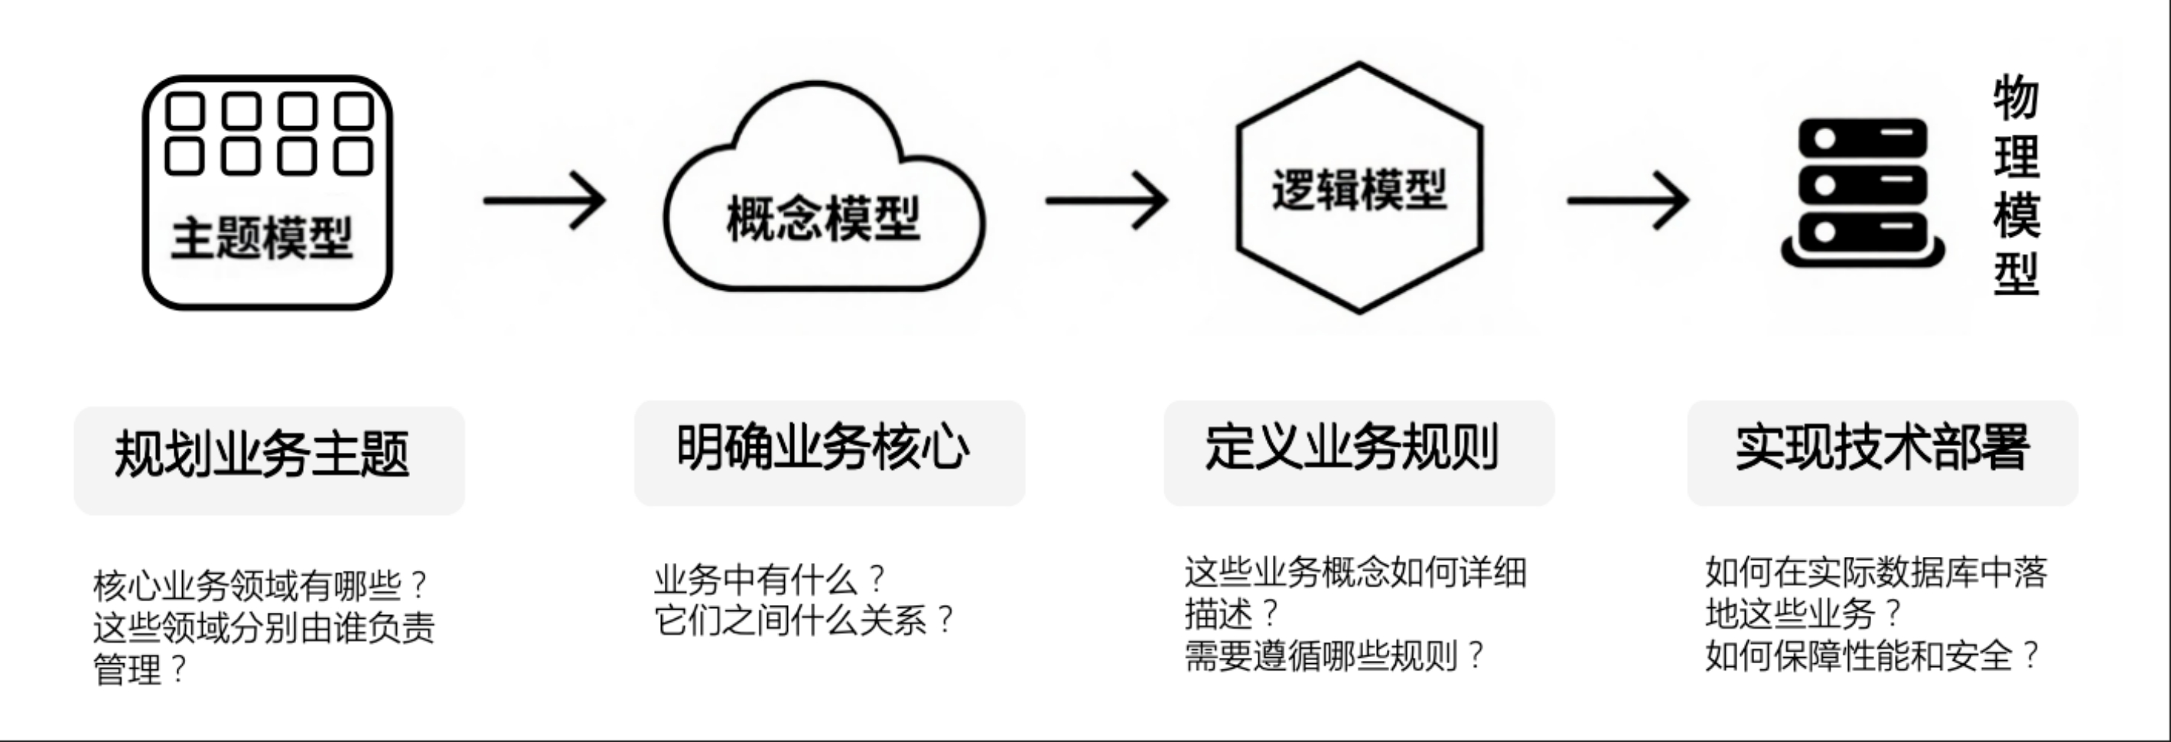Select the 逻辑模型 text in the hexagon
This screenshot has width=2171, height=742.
pyautogui.click(x=1358, y=189)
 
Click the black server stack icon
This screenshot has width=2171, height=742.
pyautogui.click(x=1863, y=193)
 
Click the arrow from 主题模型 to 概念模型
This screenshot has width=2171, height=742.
pyautogui.click(x=545, y=200)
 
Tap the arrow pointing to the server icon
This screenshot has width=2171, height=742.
pyautogui.click(x=1627, y=200)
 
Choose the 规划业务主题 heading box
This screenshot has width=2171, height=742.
pyautogui.click(x=269, y=460)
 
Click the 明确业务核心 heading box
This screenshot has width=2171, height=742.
pyautogui.click(x=829, y=453)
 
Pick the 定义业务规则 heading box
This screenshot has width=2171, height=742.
pyautogui.click(x=1359, y=453)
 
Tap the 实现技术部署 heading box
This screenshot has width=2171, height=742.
pyautogui.click(x=1882, y=453)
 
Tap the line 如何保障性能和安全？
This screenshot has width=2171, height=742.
pyautogui.click(x=1872, y=655)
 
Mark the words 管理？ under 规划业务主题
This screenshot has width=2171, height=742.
pyautogui.click(x=140, y=669)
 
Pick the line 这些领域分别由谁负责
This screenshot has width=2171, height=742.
pyautogui.click(x=264, y=627)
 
